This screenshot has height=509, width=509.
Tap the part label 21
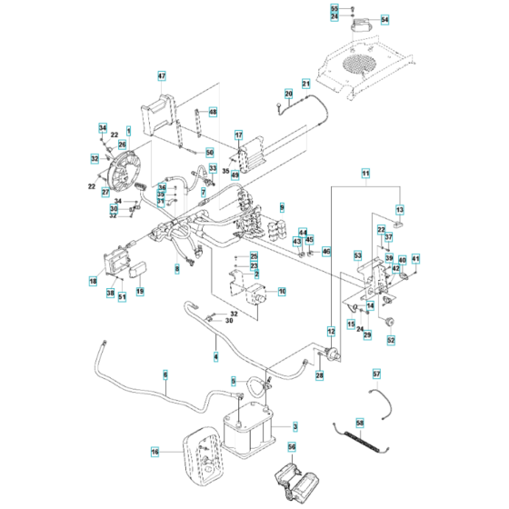point(306,85)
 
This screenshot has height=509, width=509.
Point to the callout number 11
point(365,173)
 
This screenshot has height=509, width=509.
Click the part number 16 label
point(154,450)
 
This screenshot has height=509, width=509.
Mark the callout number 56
point(292,447)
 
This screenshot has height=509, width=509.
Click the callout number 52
point(392,341)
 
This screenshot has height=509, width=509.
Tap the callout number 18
point(93,282)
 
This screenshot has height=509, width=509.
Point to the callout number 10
point(282,292)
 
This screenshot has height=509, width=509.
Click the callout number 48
point(214,112)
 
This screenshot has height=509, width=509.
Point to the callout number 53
point(357,256)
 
